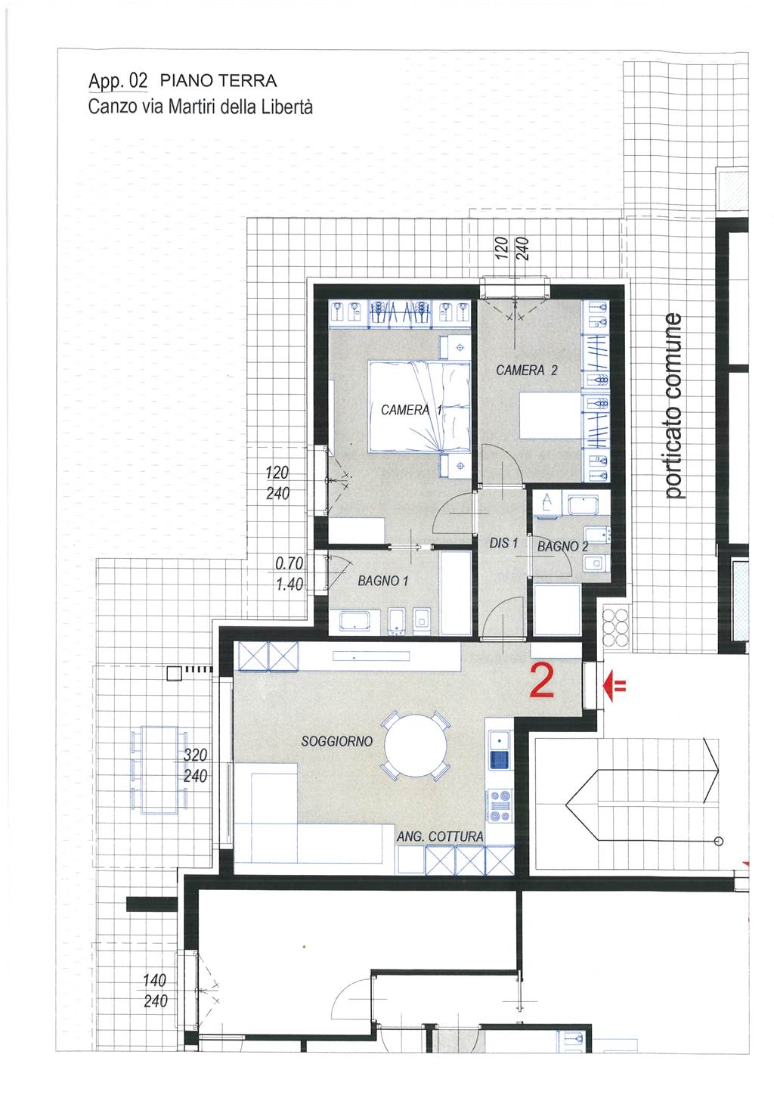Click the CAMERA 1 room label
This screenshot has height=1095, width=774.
coord(411,410)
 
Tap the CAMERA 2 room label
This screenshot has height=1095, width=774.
coord(526,370)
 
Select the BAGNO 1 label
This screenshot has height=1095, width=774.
coord(383,581)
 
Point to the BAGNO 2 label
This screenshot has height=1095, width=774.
coord(562,547)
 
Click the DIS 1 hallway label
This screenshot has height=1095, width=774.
coord(503,543)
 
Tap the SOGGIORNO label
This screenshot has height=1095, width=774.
coord(336,741)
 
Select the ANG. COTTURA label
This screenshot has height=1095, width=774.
coord(440,836)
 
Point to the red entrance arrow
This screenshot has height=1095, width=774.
coord(614,686)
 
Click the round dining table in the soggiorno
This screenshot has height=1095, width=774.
coord(415,746)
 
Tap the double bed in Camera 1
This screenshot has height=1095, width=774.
coord(420,406)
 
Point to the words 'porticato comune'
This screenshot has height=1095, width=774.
coord(673,406)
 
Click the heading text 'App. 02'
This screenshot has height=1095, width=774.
coord(117,81)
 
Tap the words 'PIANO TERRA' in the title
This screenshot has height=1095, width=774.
coord(218,81)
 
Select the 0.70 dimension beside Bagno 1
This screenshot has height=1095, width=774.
coord(289,563)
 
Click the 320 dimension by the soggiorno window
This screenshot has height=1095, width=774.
coord(195,755)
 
